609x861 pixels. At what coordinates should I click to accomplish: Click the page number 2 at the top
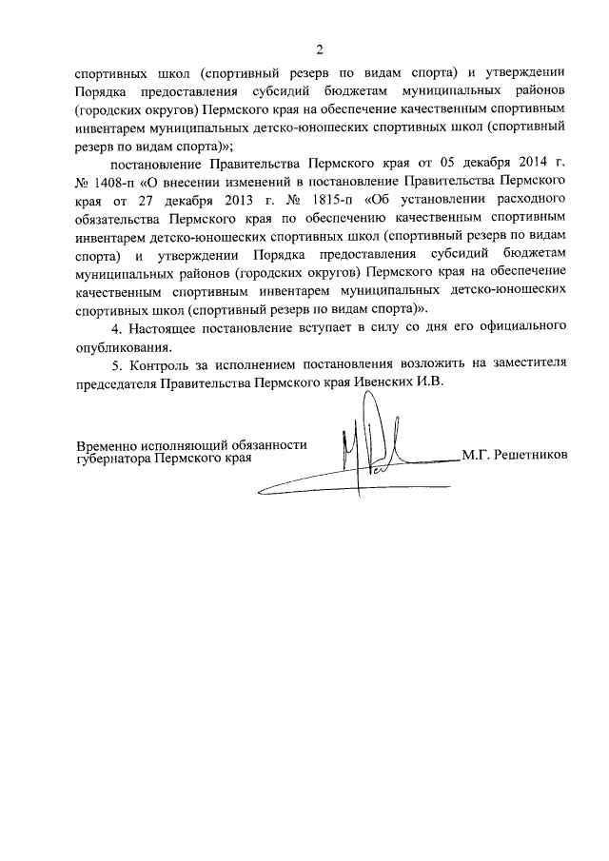click(x=321, y=49)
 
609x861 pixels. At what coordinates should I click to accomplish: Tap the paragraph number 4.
click(x=116, y=326)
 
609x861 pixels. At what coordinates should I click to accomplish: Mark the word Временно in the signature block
click(x=108, y=444)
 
